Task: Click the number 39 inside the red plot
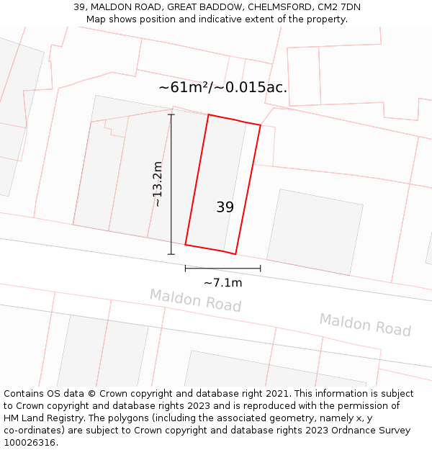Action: tap(225, 207)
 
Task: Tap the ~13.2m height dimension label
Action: tap(157, 184)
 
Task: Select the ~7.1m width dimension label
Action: tap(223, 283)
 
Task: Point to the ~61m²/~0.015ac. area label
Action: tap(223, 88)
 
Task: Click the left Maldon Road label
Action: tap(195, 300)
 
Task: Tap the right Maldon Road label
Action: tap(365, 325)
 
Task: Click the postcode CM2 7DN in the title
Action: tap(338, 7)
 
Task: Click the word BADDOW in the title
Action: tap(215, 7)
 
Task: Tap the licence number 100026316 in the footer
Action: tap(30, 443)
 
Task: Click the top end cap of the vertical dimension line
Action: tap(171, 114)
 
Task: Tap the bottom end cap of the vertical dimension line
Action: tap(171, 254)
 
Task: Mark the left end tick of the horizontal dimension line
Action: tap(185, 269)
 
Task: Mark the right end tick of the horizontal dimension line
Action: tap(261, 269)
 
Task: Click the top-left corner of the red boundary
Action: tap(209, 114)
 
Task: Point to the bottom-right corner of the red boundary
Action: tap(235, 254)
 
